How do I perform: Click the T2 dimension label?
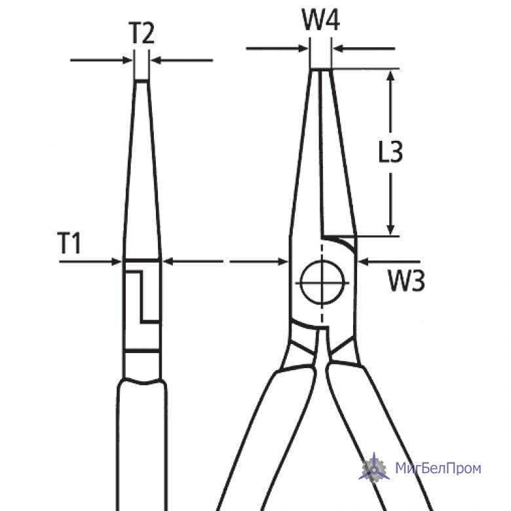[142, 33]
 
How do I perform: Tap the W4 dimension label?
[321, 20]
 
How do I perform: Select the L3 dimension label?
[390, 151]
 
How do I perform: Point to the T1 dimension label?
[69, 243]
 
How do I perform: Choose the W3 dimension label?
[406, 281]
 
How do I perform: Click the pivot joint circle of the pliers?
[322, 282]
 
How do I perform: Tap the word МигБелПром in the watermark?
[438, 468]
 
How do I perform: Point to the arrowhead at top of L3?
[390, 75]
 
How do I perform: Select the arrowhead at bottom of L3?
[390, 229]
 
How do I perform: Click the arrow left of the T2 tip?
[102, 60]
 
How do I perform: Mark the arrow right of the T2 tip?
[182, 60]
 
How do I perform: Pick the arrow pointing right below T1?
[90, 261]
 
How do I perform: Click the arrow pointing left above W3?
[389, 261]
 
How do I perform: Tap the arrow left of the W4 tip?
[277, 49]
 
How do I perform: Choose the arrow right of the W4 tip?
[364, 49]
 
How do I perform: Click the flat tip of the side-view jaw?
[142, 80]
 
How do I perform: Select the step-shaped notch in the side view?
[143, 297]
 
